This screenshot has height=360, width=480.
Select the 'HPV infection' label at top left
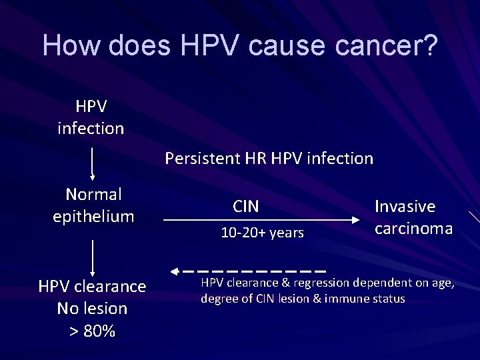tap(91, 117)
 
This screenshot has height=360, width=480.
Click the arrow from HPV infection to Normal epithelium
tap(92, 163)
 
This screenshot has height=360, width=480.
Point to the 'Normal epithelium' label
tap(93, 205)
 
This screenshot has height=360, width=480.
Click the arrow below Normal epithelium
tap(92, 257)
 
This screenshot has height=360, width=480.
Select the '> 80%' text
tap(92, 331)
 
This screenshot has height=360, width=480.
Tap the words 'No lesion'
tap(92, 309)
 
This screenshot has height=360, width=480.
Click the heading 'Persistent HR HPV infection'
tap(269, 159)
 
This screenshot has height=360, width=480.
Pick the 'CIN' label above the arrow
tap(246, 207)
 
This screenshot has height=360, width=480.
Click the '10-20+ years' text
tap(262, 233)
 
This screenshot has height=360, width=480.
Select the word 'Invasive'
tap(405, 207)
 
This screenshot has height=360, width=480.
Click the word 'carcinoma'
tap(413, 229)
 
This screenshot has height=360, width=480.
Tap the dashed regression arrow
tap(247, 271)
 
